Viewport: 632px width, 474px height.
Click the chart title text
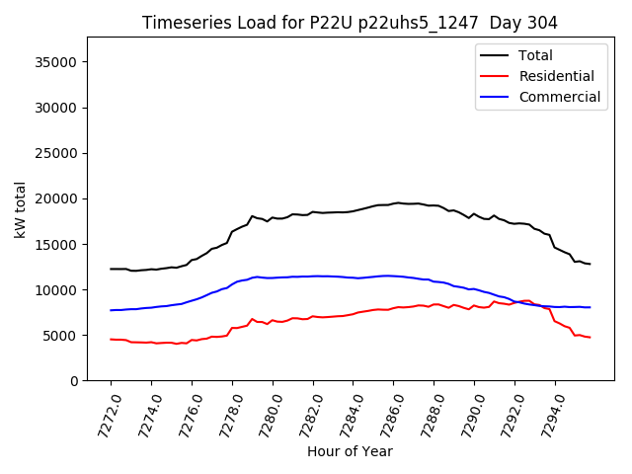point(350,23)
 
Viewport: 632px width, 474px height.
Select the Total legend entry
point(535,55)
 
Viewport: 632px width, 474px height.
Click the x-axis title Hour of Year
point(350,452)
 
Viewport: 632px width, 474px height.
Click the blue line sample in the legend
point(494,97)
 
